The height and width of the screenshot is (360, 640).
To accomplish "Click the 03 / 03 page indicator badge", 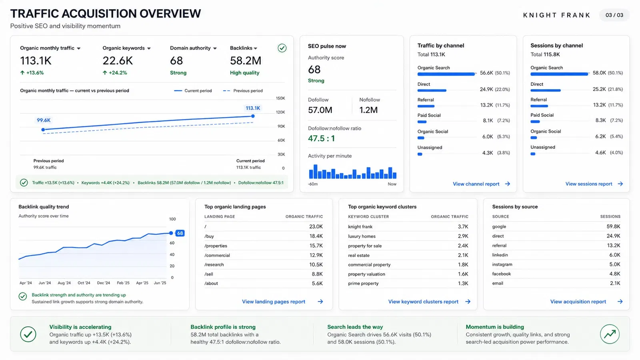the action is click(x=614, y=15).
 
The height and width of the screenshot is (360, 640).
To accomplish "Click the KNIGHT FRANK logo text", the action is click(x=556, y=15).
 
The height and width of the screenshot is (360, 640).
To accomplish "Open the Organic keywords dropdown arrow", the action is click(x=149, y=48).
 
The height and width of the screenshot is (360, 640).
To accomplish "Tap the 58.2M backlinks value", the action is click(x=246, y=60).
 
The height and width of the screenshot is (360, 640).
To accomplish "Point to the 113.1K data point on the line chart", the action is click(x=253, y=116).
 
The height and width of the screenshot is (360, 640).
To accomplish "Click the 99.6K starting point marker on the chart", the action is click(x=43, y=130).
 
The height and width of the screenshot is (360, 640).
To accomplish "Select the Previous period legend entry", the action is click(x=242, y=90).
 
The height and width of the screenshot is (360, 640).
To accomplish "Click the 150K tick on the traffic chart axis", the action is click(x=280, y=98).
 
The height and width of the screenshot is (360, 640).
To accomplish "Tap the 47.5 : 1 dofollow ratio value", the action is click(x=321, y=138).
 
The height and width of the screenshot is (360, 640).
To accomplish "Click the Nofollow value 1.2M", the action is click(x=368, y=110).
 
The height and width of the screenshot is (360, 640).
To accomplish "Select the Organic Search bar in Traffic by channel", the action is click(x=446, y=74).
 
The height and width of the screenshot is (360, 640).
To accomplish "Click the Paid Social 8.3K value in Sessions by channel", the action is click(x=600, y=120).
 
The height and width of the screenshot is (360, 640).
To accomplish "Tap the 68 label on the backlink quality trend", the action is click(x=180, y=233).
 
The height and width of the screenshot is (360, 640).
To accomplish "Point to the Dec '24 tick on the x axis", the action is click(x=104, y=283).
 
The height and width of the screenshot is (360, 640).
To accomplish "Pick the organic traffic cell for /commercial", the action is click(x=316, y=255).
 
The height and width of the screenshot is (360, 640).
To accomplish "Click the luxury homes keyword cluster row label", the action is click(x=362, y=236).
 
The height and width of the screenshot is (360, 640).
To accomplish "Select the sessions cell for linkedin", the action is click(x=614, y=255).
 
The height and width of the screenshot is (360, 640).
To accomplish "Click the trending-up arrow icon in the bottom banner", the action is click(x=610, y=334).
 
